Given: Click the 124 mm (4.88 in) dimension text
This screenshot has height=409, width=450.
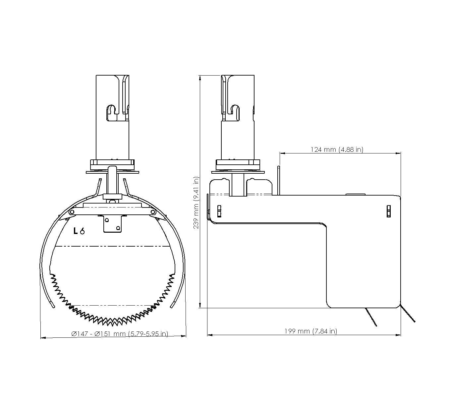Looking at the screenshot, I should tap(337, 149).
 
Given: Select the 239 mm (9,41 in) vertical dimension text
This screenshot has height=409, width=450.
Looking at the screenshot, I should tap(196, 202).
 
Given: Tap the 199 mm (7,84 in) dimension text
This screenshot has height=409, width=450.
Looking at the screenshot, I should tap(310, 331).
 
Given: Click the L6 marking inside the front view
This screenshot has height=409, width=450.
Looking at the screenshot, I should tap(79, 231).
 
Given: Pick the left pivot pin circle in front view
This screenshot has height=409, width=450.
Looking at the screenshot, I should tap(71, 212).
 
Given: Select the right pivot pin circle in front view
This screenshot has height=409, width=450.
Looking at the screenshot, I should tap(153, 212).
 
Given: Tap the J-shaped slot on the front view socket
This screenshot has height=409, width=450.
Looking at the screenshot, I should tap(112, 112).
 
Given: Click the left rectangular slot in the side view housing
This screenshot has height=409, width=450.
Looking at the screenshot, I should tap(219, 210).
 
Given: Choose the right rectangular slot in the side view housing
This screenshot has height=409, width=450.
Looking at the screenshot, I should tap(389, 210).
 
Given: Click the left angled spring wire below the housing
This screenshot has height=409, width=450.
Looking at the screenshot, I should tap(371, 317).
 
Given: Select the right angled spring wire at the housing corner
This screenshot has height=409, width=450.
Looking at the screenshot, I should tap(408, 313).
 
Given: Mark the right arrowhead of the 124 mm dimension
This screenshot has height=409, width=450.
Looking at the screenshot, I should tap(398, 153).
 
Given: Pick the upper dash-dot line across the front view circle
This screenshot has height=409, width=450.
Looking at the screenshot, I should tap(112, 246).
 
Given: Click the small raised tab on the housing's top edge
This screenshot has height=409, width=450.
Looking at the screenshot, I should tap(355, 194).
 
